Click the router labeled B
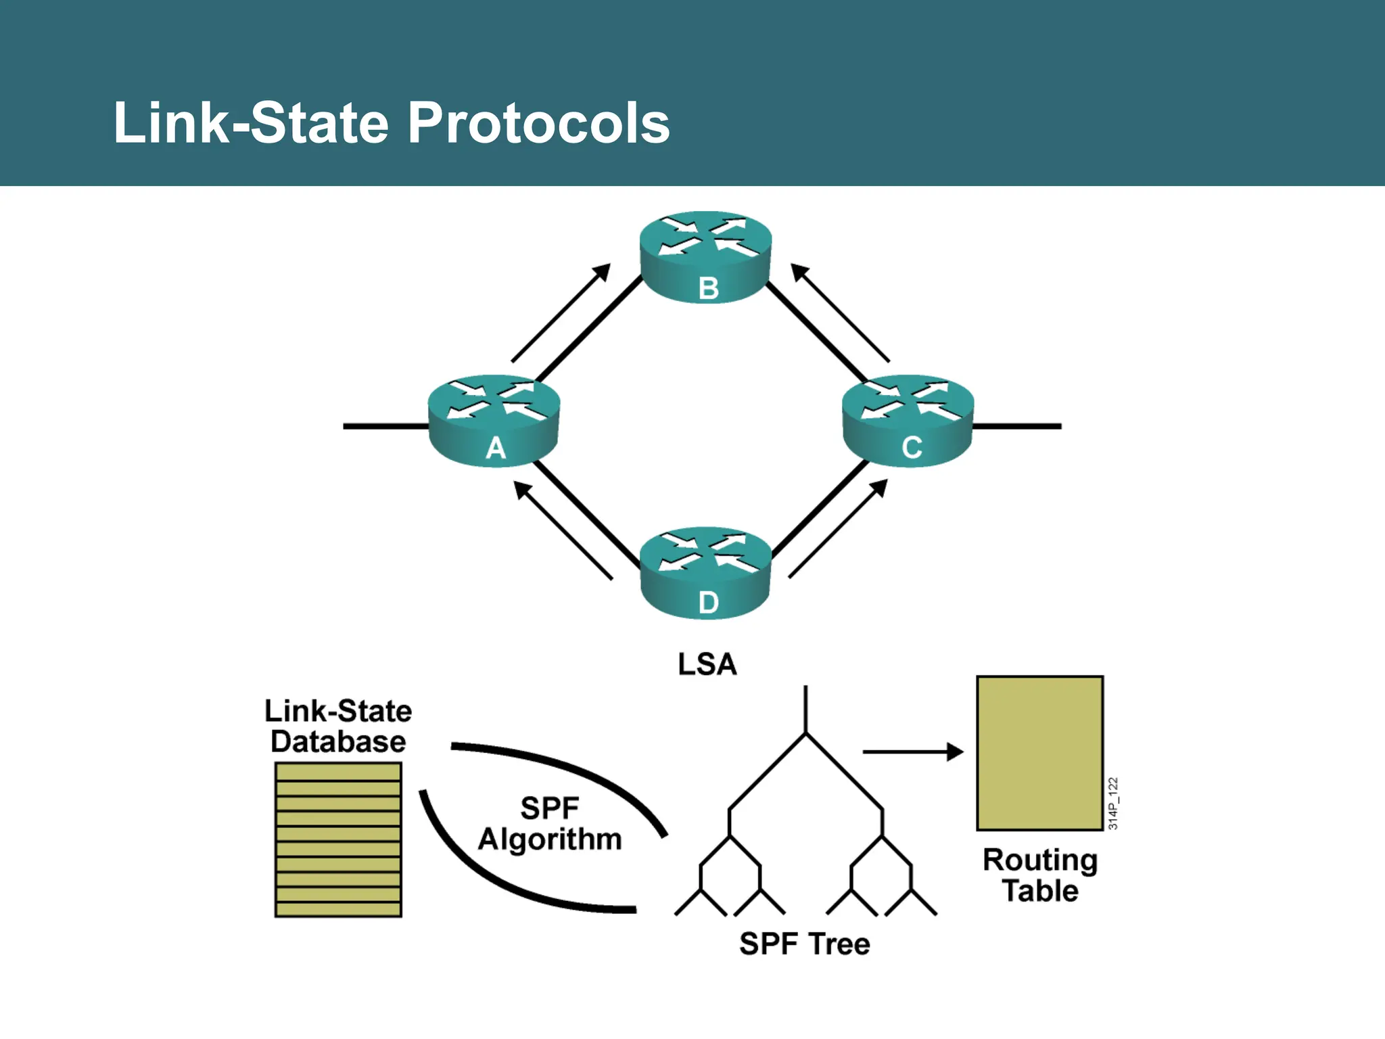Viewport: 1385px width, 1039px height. pyautogui.click(x=705, y=257)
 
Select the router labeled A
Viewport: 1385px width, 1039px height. pyautogui.click(x=494, y=420)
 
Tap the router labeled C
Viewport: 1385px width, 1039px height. pyautogui.click(x=908, y=420)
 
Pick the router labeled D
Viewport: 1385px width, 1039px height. pyautogui.click(x=705, y=573)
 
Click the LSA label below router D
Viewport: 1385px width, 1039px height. pyautogui.click(x=707, y=664)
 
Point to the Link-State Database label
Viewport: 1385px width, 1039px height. pyautogui.click(x=338, y=726)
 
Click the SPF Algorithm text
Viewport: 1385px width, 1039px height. pyautogui.click(x=550, y=823)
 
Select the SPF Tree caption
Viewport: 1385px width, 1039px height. pyautogui.click(x=804, y=944)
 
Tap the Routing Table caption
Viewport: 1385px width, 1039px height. pyautogui.click(x=1040, y=875)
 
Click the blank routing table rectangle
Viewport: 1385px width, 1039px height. pyautogui.click(x=1040, y=753)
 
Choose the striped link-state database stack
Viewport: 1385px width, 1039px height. pyautogui.click(x=338, y=839)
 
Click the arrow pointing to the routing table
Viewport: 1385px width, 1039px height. pyautogui.click(x=913, y=752)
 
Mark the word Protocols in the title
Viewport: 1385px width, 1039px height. pyautogui.click(x=538, y=123)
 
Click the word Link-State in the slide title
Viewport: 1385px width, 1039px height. pyautogui.click(x=251, y=123)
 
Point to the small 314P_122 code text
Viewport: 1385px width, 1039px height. pyautogui.click(x=1113, y=804)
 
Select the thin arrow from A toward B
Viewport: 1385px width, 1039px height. pyautogui.click(x=561, y=313)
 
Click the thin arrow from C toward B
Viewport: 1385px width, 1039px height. pyautogui.click(x=840, y=313)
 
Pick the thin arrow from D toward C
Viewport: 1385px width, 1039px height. pyautogui.click(x=838, y=529)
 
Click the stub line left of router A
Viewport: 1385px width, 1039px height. pyautogui.click(x=385, y=426)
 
